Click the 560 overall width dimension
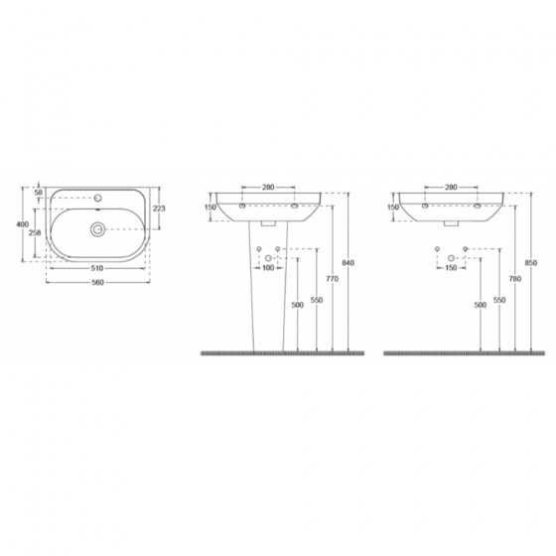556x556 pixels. pos(95,282)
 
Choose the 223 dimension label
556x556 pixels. pos(159,208)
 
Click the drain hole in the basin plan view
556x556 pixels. pos(97,229)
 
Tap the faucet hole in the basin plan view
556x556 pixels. pos(99,197)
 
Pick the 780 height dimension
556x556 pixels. pos(514,280)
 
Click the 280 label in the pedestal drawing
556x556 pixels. pos(268,187)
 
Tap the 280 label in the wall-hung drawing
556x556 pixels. pos(451,187)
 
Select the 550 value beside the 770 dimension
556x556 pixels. pos(316,300)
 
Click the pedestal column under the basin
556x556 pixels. pos(269,298)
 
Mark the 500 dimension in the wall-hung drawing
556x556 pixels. pos(481,306)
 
